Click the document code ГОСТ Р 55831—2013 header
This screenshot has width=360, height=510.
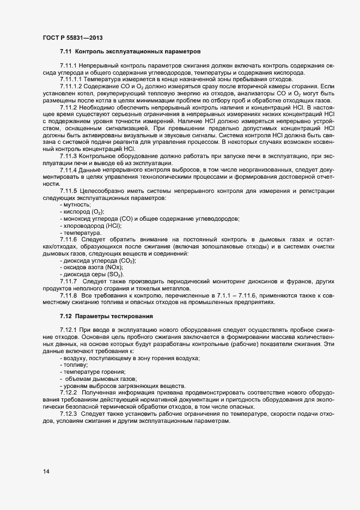click(72, 38)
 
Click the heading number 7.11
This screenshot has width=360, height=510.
click(65, 52)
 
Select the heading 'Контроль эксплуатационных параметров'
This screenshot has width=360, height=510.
click(138, 52)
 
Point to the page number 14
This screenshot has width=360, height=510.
click(46, 472)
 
